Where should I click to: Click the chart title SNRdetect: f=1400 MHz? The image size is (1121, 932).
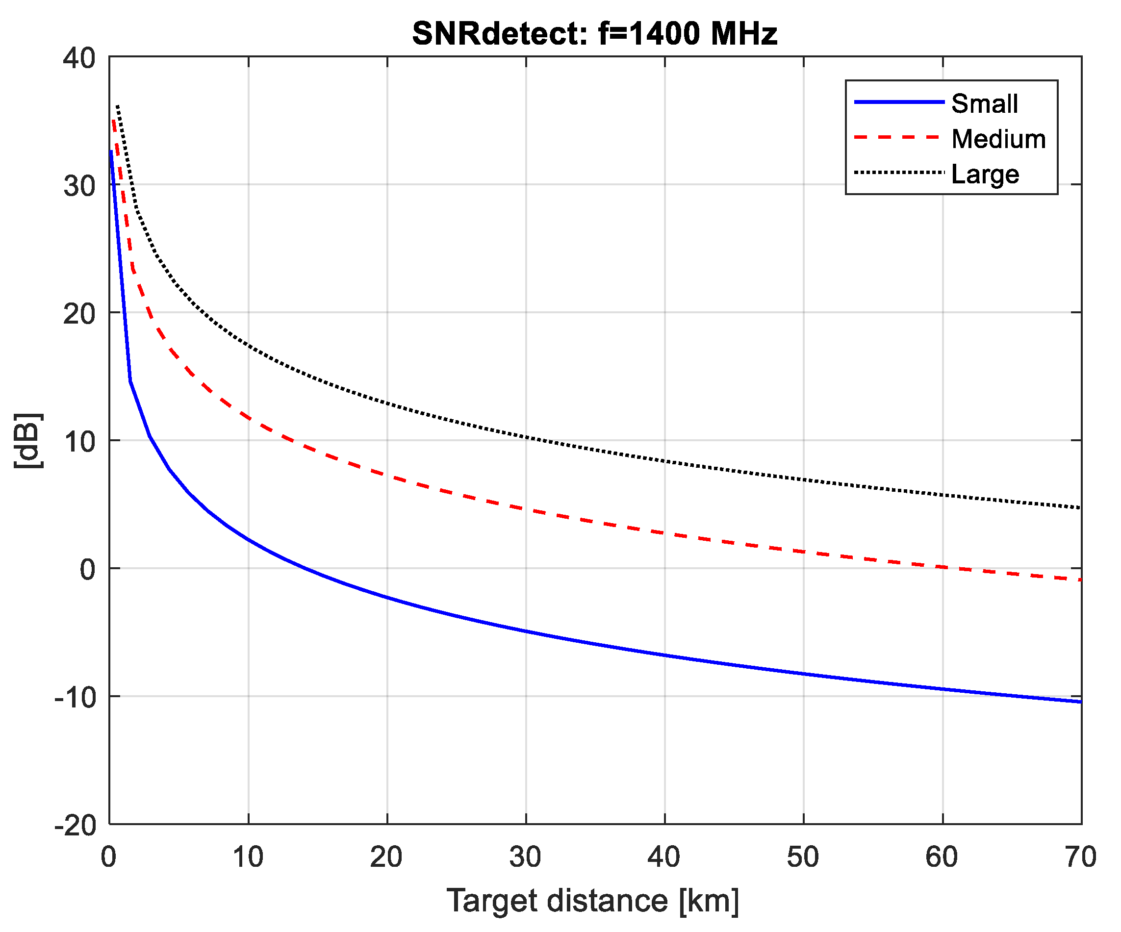click(x=594, y=33)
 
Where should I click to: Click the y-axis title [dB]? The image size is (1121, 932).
click(x=28, y=441)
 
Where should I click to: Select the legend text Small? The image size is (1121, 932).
click(x=984, y=103)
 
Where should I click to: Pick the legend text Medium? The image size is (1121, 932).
click(x=998, y=139)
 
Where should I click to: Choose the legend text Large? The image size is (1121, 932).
click(x=985, y=174)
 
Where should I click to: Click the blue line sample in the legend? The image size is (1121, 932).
click(x=899, y=101)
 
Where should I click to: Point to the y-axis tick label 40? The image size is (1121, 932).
click(x=79, y=58)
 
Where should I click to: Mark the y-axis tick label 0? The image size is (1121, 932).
click(x=88, y=570)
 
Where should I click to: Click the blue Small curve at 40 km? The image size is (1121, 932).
click(x=664, y=655)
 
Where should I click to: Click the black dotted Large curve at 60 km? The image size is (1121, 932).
click(x=942, y=495)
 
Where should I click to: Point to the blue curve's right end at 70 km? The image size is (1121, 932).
click(x=1079, y=702)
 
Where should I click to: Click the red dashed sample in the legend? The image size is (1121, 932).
click(x=899, y=137)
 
